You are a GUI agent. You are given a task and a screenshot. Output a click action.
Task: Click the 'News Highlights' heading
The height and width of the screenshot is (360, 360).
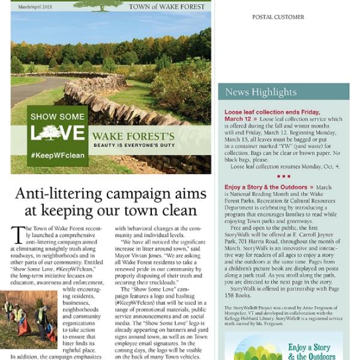click(260, 92)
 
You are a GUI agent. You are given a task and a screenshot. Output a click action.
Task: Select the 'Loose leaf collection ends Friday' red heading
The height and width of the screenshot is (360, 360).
click(272, 112)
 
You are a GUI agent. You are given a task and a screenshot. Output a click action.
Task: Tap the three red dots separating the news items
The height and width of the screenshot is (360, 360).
click(283, 176)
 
